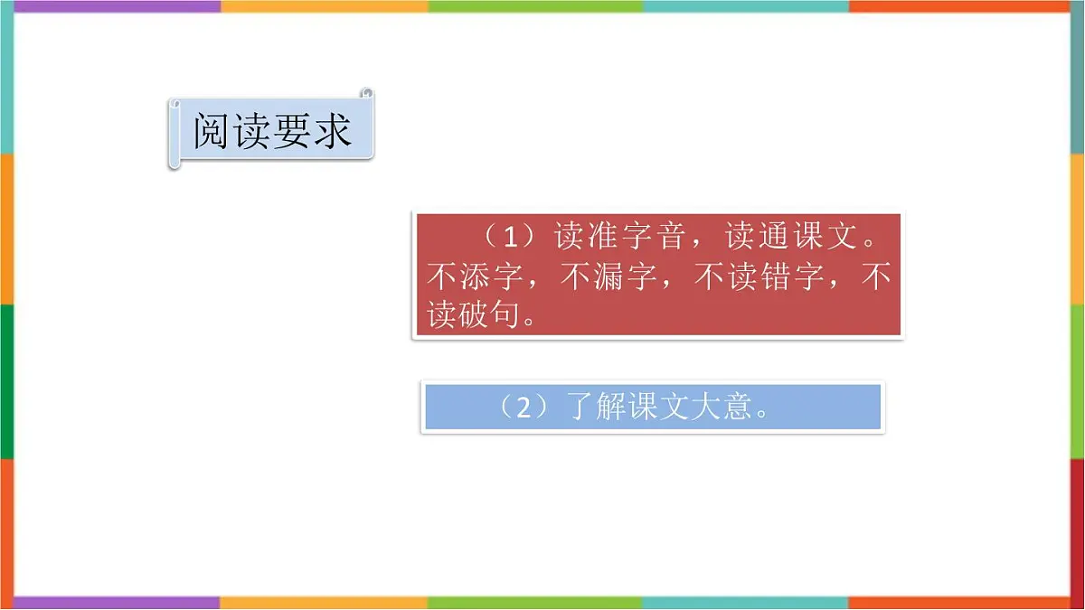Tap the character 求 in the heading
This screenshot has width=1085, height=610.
[332, 131]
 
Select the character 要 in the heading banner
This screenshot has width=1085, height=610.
[292, 131]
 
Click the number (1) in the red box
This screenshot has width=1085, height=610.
[512, 238]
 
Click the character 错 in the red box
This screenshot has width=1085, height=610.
[777, 277]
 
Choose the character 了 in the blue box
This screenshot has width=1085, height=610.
[579, 408]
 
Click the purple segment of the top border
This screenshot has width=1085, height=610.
[118, 6]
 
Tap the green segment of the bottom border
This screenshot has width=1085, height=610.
[533, 603]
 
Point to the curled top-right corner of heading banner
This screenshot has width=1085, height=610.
[366, 93]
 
